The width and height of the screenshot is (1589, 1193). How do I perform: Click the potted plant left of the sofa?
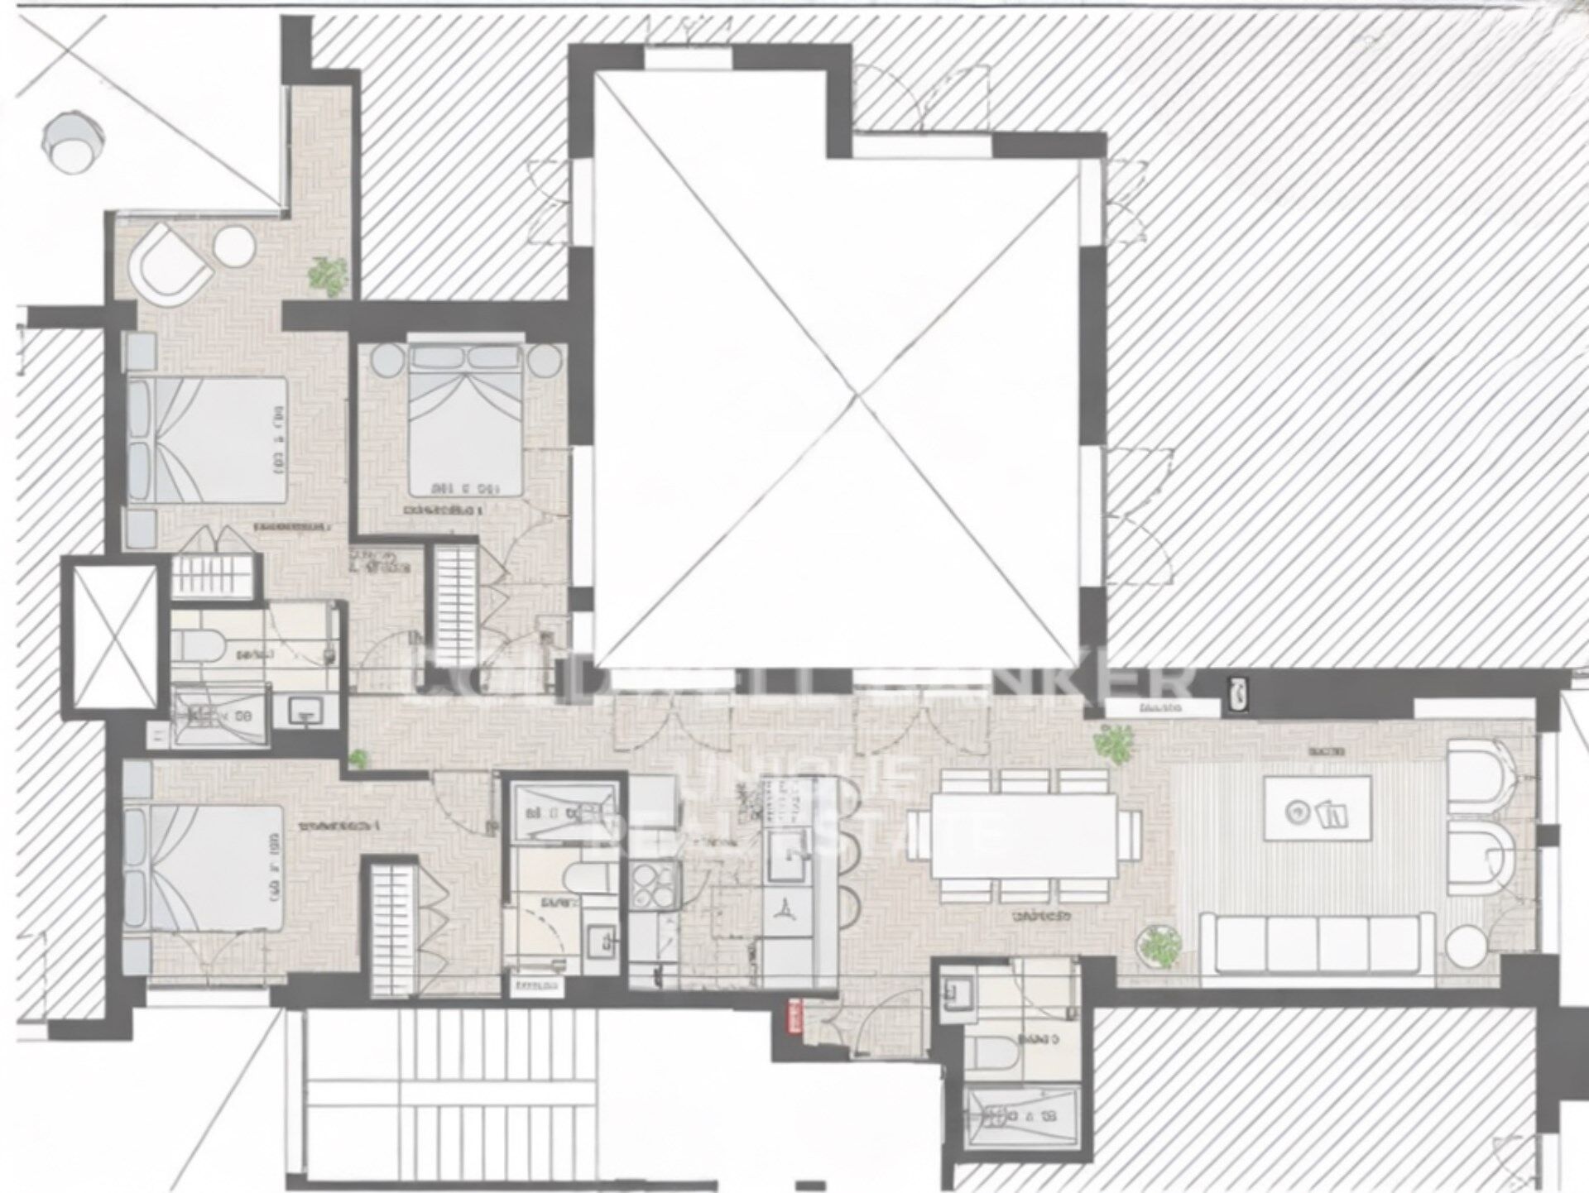(x=1158, y=946)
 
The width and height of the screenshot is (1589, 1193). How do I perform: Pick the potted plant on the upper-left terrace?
(x=329, y=275)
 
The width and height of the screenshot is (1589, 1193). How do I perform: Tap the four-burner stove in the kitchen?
(x=653, y=885)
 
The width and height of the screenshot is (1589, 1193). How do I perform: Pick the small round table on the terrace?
(x=234, y=246)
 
